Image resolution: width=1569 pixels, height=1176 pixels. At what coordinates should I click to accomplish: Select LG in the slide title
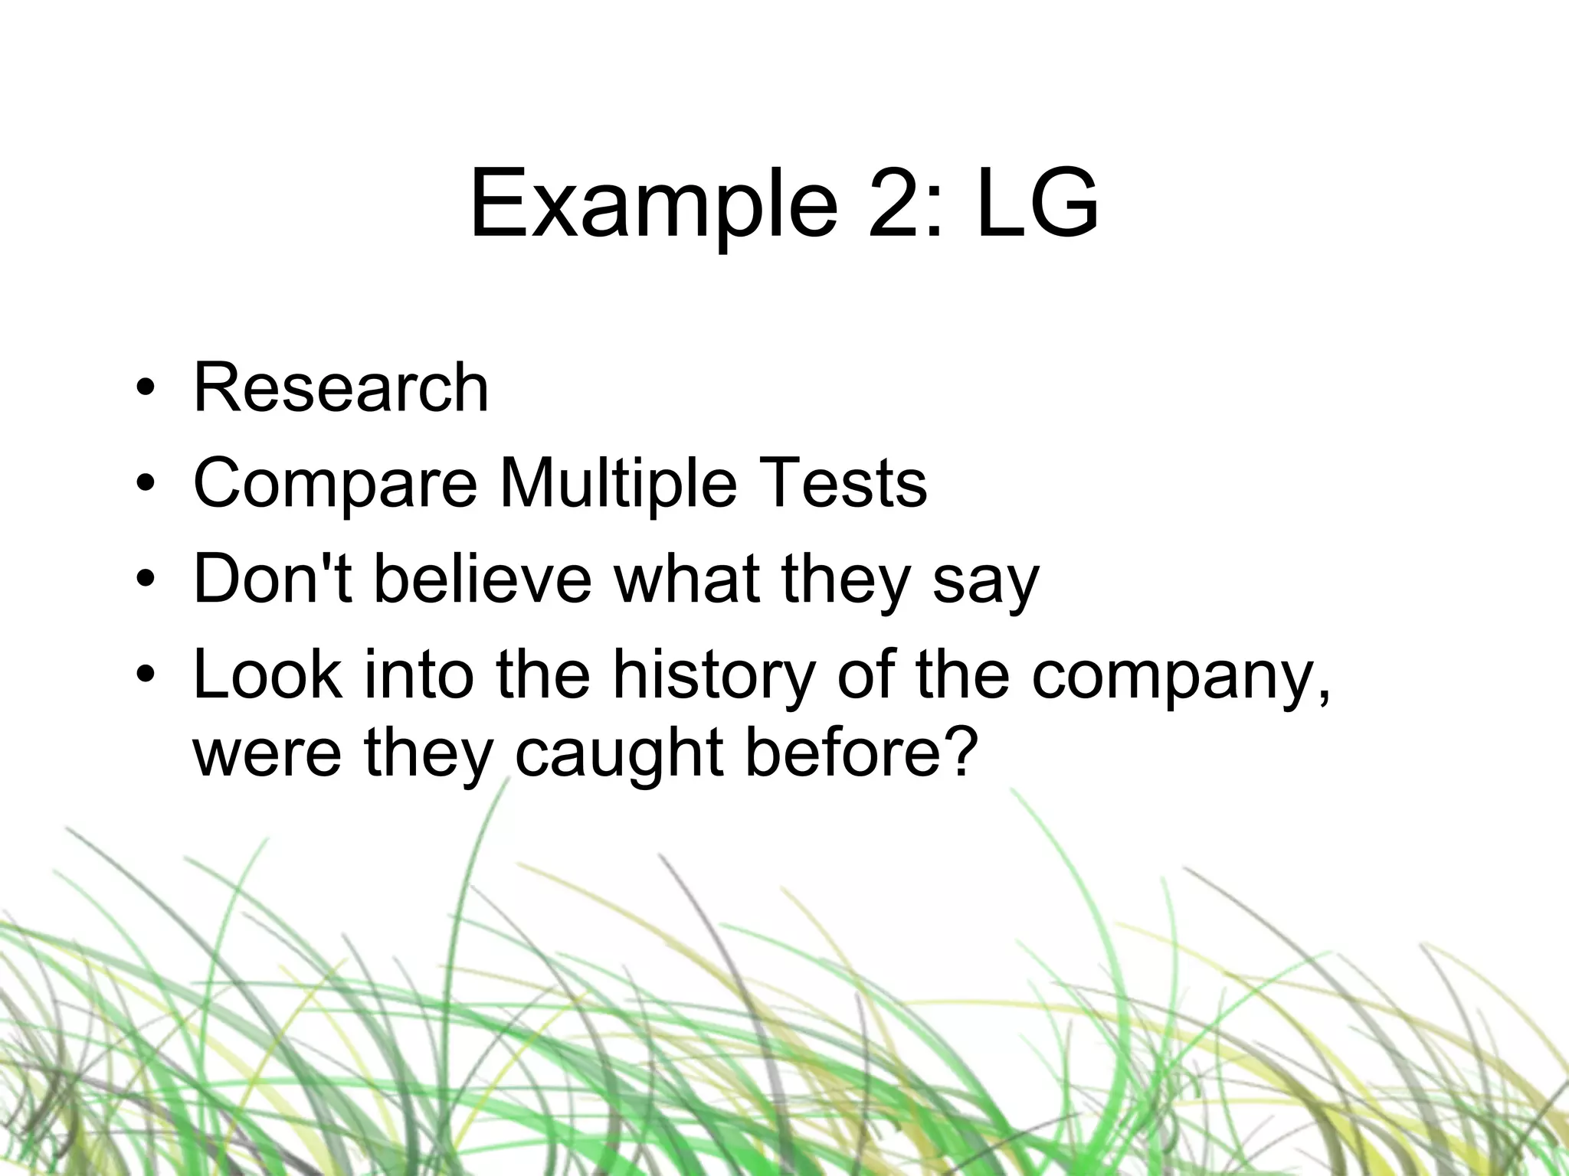coord(1037,205)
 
